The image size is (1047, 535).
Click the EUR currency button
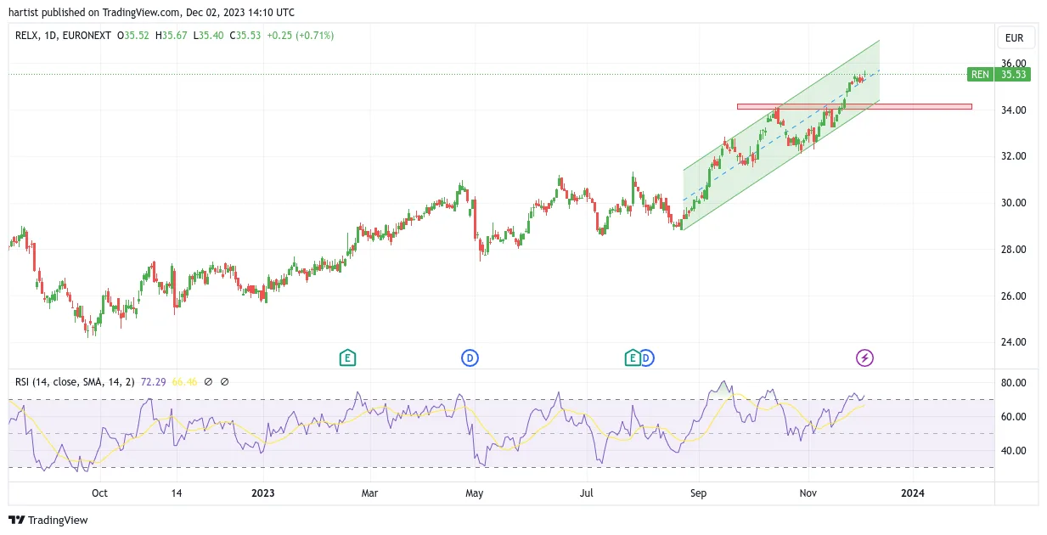[1014, 38]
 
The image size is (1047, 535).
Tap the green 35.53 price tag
[1012, 74]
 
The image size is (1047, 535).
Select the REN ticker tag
[980, 74]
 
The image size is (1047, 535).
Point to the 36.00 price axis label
[1013, 63]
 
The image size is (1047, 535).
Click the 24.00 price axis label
[1013, 342]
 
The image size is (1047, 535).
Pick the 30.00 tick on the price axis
[1013, 203]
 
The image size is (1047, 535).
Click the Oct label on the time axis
[99, 493]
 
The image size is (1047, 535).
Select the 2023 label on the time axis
[262, 493]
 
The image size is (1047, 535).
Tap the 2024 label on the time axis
[912, 493]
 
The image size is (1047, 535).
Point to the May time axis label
[474, 493]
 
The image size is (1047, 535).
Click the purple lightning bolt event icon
[864, 358]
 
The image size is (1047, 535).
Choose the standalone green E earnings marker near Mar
[347, 358]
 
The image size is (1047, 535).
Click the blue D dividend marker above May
[470, 358]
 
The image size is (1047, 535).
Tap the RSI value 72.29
[154, 382]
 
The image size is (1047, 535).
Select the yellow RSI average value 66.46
[184, 382]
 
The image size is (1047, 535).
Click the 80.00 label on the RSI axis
[1013, 383]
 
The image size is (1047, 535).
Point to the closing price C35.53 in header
[245, 36]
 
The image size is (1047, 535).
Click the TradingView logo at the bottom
[48, 520]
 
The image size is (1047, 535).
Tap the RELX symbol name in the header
[26, 36]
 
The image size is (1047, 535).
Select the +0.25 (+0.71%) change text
[300, 36]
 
